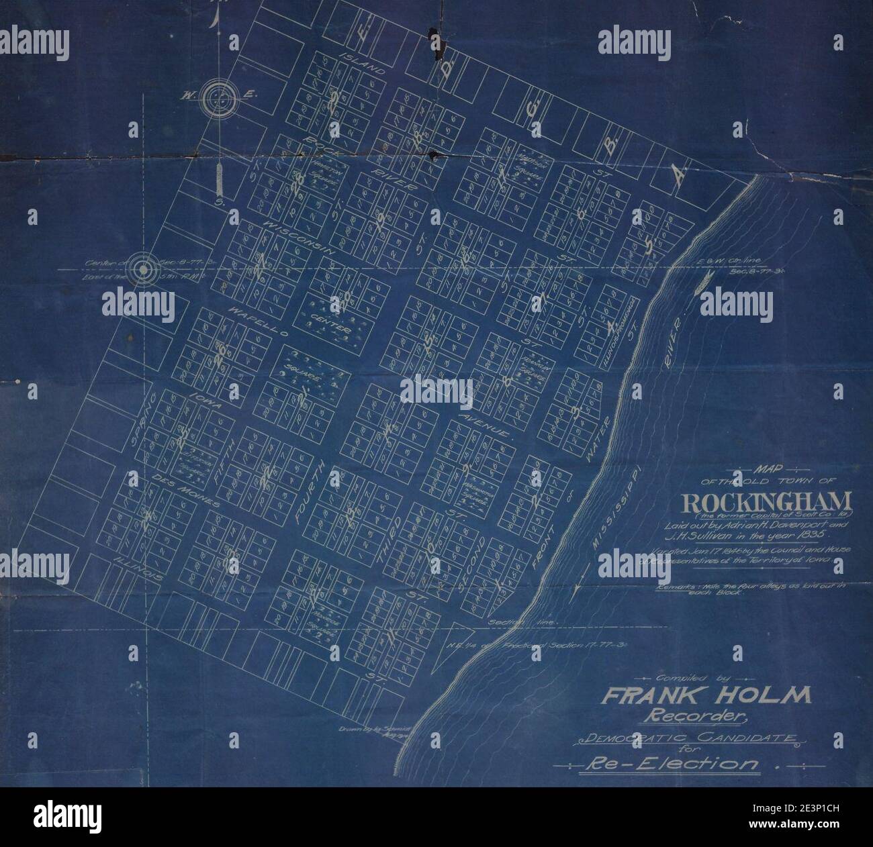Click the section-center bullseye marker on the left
143,268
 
